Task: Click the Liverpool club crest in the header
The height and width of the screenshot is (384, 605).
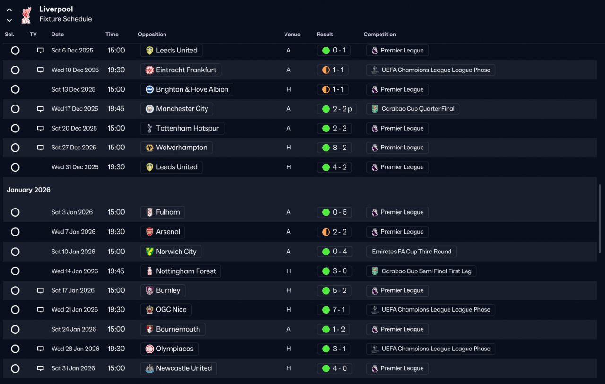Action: tap(26, 14)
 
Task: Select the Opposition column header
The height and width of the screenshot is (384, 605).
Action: tap(152, 35)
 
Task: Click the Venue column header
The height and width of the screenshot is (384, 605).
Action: tap(292, 35)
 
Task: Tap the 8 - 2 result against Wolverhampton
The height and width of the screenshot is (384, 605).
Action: tap(334, 148)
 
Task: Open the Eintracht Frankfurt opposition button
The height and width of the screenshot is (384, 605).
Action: tap(181, 70)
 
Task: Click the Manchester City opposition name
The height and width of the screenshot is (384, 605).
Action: tap(182, 109)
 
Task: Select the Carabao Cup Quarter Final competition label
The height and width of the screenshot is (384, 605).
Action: tap(413, 109)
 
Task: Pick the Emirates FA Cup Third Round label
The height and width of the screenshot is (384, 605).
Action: tap(411, 252)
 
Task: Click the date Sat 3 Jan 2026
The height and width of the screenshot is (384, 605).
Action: tap(72, 212)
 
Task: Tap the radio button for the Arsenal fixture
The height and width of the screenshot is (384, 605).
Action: tap(15, 232)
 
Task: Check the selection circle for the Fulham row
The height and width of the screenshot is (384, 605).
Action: tap(15, 212)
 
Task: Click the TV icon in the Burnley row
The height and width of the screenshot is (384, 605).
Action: tap(41, 290)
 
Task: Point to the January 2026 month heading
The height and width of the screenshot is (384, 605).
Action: tap(28, 190)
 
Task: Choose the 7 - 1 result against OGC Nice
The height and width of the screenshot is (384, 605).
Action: tap(334, 310)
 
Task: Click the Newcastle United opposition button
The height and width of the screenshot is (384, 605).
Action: tap(179, 368)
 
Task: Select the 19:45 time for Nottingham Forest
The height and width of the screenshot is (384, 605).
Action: tap(116, 271)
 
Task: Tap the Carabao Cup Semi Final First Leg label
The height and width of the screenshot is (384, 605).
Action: tap(422, 271)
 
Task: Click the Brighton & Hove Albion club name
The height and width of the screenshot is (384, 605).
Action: tap(192, 89)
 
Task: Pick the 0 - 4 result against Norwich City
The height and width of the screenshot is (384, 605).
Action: tap(334, 252)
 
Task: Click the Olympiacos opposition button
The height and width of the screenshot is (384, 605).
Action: tap(170, 349)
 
